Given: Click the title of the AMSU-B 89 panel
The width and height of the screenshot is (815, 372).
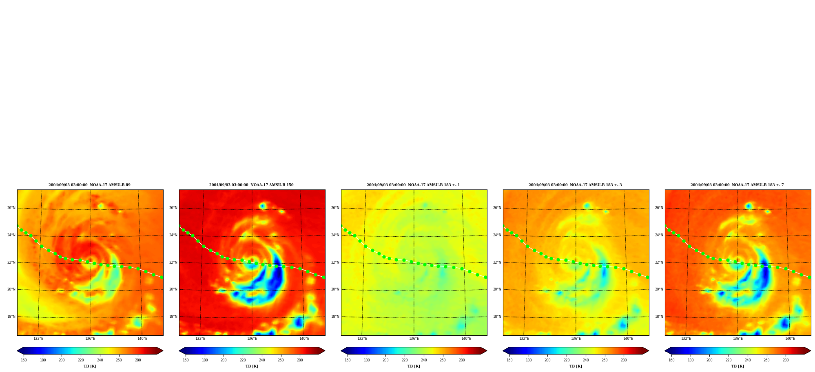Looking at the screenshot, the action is coord(89,185).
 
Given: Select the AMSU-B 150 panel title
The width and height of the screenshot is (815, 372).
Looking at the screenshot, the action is coord(251,185).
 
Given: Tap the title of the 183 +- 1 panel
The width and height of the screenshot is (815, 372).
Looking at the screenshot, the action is coord(413,185).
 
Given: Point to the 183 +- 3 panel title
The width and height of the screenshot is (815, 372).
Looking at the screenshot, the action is coord(575,185).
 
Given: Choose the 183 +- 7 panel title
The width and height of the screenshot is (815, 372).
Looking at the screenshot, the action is coord(737,185).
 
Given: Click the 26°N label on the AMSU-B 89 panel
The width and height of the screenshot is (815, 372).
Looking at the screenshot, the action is coord(11,208).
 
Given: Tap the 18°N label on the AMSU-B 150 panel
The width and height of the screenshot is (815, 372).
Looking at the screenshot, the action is coord(173,317).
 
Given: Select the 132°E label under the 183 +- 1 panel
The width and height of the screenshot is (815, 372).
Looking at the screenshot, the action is coord(362,339).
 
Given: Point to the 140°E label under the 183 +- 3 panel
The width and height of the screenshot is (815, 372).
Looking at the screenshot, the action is coord(628,339).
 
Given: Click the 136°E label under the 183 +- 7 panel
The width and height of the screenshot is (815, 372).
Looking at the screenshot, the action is coord(738,339).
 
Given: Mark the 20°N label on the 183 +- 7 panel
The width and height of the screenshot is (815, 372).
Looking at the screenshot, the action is coord(659,289).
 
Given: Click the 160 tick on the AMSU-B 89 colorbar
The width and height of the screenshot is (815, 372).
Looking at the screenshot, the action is coord(24,360).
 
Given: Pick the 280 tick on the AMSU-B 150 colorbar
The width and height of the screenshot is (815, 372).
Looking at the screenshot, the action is coord(300,360).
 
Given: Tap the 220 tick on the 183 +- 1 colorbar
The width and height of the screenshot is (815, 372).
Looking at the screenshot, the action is coord(405,360).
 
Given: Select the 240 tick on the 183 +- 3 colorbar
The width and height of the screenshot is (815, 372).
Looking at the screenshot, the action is coord(586,360).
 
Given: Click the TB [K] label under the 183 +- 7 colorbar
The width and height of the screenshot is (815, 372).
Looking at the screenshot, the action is coord(737,366).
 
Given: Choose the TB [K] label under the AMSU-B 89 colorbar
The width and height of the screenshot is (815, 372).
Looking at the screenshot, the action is coord(90,366).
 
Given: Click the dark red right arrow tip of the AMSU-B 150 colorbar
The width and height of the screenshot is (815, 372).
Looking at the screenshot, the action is coord(325,351).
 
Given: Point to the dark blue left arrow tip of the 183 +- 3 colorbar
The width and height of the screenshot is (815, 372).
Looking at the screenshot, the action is coord(503,351).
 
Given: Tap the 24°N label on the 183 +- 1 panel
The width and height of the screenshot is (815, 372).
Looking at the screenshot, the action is coord(335,235).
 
